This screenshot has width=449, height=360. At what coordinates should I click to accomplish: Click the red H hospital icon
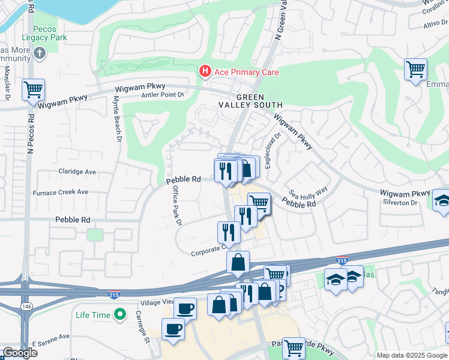(x=205, y=72)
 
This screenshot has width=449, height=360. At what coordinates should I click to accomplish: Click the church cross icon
(x=40, y=53)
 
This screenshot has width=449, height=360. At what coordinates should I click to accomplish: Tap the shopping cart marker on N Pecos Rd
(x=33, y=90)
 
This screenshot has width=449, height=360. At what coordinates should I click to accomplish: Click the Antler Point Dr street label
(x=162, y=95)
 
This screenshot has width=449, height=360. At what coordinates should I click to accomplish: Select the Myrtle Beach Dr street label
(x=118, y=124)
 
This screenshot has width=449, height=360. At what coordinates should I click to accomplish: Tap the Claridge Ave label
(x=77, y=172)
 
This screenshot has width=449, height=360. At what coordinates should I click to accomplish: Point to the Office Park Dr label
(x=177, y=205)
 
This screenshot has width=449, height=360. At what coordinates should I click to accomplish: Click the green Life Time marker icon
(x=121, y=314)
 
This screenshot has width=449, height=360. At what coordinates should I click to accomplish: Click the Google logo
(x=20, y=353)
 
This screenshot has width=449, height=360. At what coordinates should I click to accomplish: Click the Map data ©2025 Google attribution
(x=412, y=355)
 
